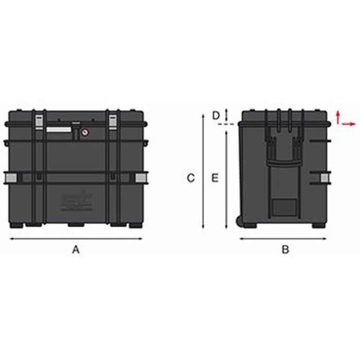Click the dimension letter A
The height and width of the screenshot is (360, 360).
(x=76, y=250)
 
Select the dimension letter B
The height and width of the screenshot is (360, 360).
(x=285, y=250)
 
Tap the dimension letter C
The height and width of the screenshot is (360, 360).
(x=190, y=178)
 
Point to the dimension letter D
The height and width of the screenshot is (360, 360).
(x=216, y=115)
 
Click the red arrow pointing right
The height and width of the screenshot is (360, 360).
(x=349, y=124)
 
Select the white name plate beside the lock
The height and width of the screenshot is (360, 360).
(x=59, y=130)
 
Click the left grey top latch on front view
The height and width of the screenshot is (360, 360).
(x=39, y=121)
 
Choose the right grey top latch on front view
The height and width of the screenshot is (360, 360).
(x=113, y=121)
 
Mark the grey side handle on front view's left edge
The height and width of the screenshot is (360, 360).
(x=10, y=177)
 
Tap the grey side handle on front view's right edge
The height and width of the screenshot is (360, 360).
(x=140, y=177)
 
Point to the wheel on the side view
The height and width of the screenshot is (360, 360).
(x=240, y=221)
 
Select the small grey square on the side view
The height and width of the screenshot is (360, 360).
(x=325, y=178)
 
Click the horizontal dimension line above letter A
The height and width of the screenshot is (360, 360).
(x=76, y=239)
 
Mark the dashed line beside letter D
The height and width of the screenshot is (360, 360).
(x=226, y=124)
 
